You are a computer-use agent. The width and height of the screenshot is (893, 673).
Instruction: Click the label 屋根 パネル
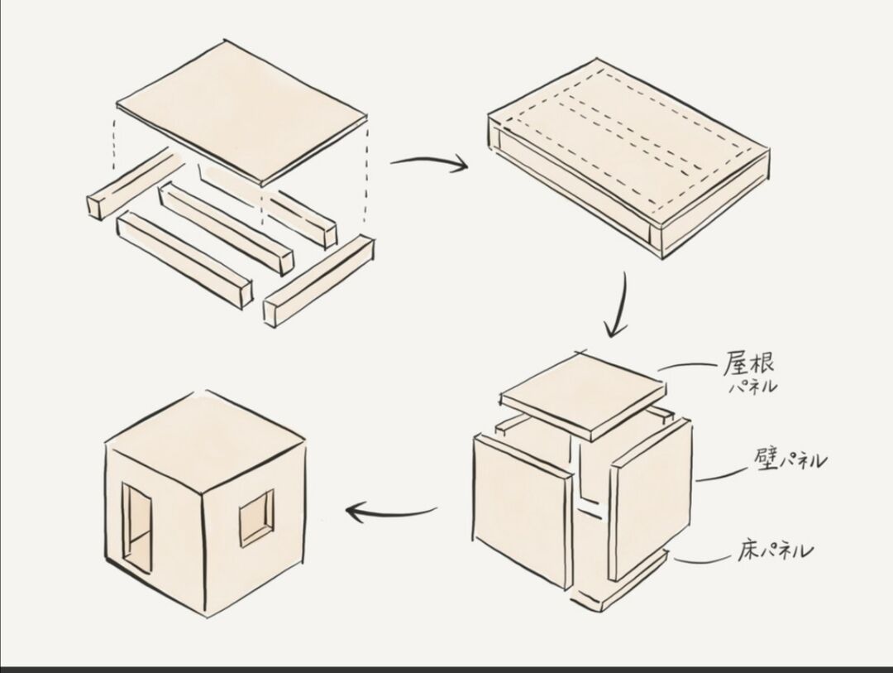[x=749, y=373]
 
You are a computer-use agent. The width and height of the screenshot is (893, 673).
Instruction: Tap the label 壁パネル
[x=790, y=460]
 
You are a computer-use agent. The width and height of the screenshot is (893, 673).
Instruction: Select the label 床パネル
[x=774, y=550]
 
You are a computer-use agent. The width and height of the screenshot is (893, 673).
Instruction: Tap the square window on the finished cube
[x=256, y=517]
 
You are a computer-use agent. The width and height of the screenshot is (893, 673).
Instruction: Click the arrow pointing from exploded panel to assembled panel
[x=428, y=164]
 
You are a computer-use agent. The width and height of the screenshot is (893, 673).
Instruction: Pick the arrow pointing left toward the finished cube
[x=390, y=512]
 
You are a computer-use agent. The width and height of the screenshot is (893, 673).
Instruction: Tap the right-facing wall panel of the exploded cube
[x=650, y=497]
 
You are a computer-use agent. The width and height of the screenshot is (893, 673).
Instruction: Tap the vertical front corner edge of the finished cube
[x=203, y=546]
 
